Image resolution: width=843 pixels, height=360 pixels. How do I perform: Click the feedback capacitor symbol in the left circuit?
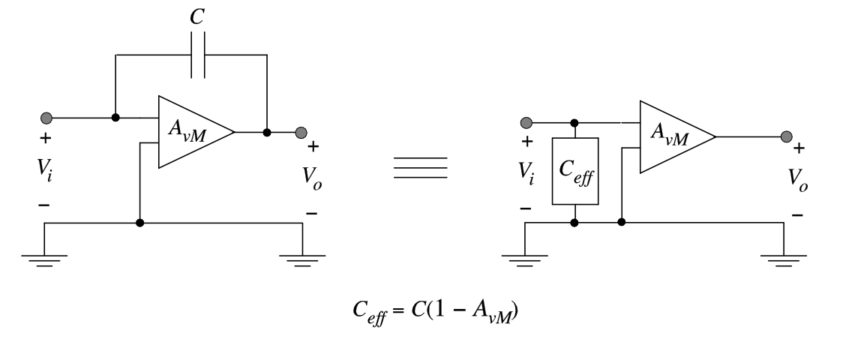[197, 55]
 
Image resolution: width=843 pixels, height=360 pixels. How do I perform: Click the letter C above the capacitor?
[196, 16]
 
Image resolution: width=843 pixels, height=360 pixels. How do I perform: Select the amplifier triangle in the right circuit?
[677, 137]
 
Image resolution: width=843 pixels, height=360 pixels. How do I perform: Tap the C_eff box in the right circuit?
[575, 171]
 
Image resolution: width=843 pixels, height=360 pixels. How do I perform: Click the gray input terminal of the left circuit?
[46, 118]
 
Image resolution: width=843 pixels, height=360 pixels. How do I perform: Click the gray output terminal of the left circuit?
[301, 133]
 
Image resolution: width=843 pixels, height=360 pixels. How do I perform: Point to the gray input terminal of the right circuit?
[526, 123]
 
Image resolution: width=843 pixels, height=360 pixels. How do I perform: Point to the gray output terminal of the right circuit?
[787, 137]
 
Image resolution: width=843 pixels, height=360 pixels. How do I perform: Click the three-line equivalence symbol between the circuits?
[421, 168]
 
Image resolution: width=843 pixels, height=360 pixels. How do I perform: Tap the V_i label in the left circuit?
[44, 169]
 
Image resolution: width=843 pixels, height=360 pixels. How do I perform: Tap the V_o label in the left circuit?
[312, 178]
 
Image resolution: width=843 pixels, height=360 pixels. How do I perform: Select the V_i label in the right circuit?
[526, 173]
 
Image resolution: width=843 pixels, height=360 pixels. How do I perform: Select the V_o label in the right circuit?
[798, 179]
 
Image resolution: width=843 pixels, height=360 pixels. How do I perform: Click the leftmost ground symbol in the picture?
[44, 260]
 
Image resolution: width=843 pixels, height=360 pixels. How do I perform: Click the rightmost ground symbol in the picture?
[784, 260]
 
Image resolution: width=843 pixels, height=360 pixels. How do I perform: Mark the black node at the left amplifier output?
[267, 133]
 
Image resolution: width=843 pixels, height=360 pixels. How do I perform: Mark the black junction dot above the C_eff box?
[574, 123]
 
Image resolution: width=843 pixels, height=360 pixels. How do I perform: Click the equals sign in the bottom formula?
[398, 310]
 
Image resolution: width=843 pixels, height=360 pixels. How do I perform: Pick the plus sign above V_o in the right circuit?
[799, 148]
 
